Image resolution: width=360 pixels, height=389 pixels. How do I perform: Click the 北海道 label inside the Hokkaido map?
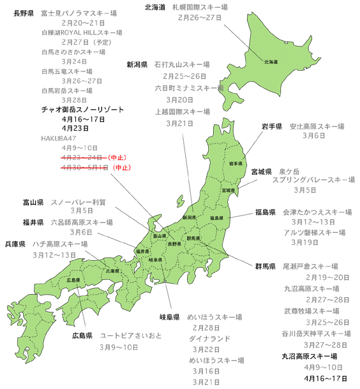click(x=271, y=62)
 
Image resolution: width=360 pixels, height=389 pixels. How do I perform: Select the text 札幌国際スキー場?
click(x=199, y=7)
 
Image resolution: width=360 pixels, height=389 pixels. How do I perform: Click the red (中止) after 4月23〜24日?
click(x=117, y=156)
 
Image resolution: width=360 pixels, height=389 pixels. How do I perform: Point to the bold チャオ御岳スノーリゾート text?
click(x=82, y=110)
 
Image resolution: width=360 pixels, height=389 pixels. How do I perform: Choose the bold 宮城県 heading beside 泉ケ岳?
click(x=262, y=172)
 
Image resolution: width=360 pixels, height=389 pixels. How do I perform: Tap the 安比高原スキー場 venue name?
click(x=317, y=126)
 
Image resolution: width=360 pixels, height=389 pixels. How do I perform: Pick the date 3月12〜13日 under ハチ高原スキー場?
click(x=55, y=254)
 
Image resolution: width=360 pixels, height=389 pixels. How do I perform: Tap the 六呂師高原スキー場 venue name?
click(x=81, y=223)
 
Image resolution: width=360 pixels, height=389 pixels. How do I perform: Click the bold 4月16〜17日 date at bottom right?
click(x=327, y=379)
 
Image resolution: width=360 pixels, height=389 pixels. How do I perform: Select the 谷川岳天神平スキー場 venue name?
click(x=317, y=334)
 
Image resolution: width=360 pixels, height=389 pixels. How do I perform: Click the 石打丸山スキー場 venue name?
click(x=186, y=64)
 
